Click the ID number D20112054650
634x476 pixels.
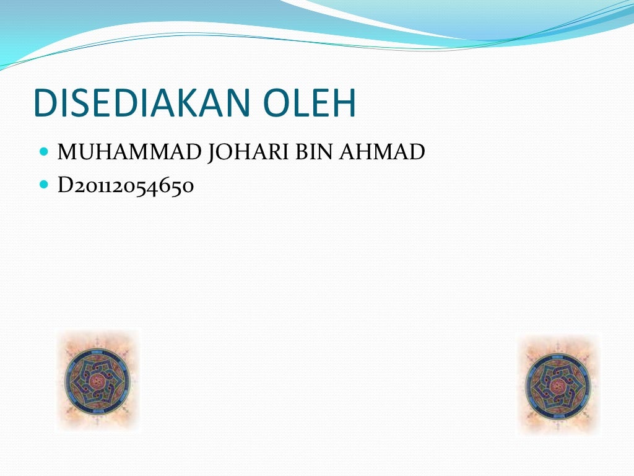[126, 185]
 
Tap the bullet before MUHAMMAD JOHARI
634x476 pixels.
[43, 151]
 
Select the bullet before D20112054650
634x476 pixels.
[43, 185]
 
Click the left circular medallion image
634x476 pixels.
[98, 380]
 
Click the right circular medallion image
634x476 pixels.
[559, 384]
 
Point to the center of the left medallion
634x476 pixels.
[98, 380]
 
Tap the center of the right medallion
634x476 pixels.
[559, 384]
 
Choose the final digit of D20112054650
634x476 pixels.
[188, 186]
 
